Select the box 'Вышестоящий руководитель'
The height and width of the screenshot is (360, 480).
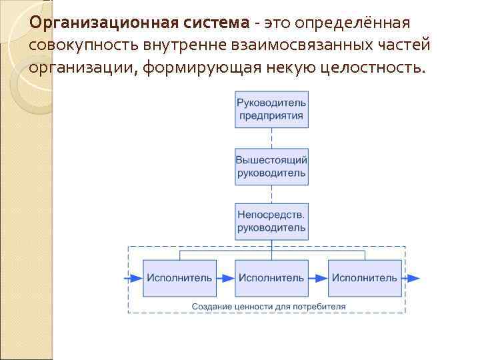271,167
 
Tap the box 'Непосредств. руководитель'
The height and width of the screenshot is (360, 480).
271,221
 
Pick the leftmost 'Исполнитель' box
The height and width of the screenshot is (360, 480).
179,277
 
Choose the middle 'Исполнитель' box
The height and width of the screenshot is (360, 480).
271,277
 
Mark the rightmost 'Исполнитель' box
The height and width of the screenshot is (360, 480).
364,277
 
